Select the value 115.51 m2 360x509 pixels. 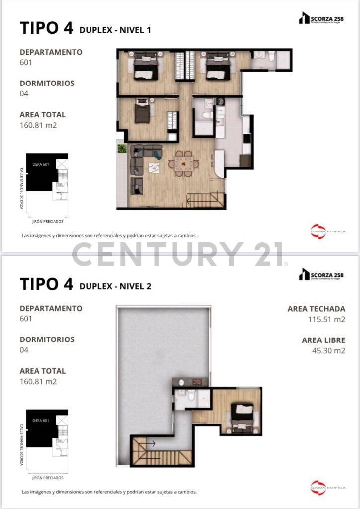pyautogui.click(x=326, y=320)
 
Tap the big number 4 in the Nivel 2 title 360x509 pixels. pyautogui.click(x=68, y=284)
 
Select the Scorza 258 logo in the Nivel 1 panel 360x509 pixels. pyautogui.click(x=321, y=18)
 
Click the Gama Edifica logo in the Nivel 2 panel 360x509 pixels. pyautogui.click(x=321, y=486)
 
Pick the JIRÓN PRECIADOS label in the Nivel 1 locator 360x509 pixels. pyautogui.click(x=47, y=222)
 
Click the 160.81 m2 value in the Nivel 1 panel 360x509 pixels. pyautogui.click(x=38, y=125)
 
